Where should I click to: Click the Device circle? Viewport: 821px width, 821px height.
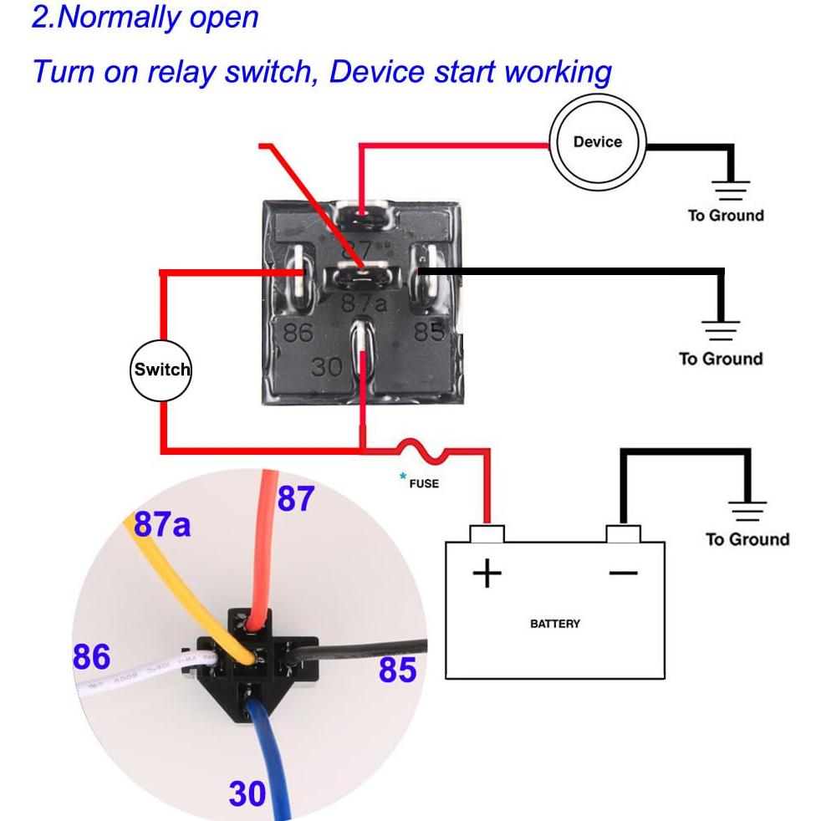(597, 143)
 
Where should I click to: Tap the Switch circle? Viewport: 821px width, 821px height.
(161, 370)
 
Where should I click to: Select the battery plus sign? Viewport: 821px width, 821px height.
(487, 574)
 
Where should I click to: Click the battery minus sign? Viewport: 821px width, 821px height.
(623, 573)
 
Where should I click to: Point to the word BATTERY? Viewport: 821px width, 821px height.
(554, 624)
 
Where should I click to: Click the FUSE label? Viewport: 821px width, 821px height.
(424, 483)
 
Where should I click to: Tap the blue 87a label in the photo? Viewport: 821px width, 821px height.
(162, 524)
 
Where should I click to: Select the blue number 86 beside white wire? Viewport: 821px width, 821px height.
(91, 657)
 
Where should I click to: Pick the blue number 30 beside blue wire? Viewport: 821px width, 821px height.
(247, 793)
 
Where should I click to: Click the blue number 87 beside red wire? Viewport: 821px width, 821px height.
(295, 499)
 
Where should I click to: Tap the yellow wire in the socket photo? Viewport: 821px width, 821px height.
(188, 585)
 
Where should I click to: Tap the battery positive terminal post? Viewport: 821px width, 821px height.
(487, 533)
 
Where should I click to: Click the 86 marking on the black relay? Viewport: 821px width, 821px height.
(298, 333)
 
